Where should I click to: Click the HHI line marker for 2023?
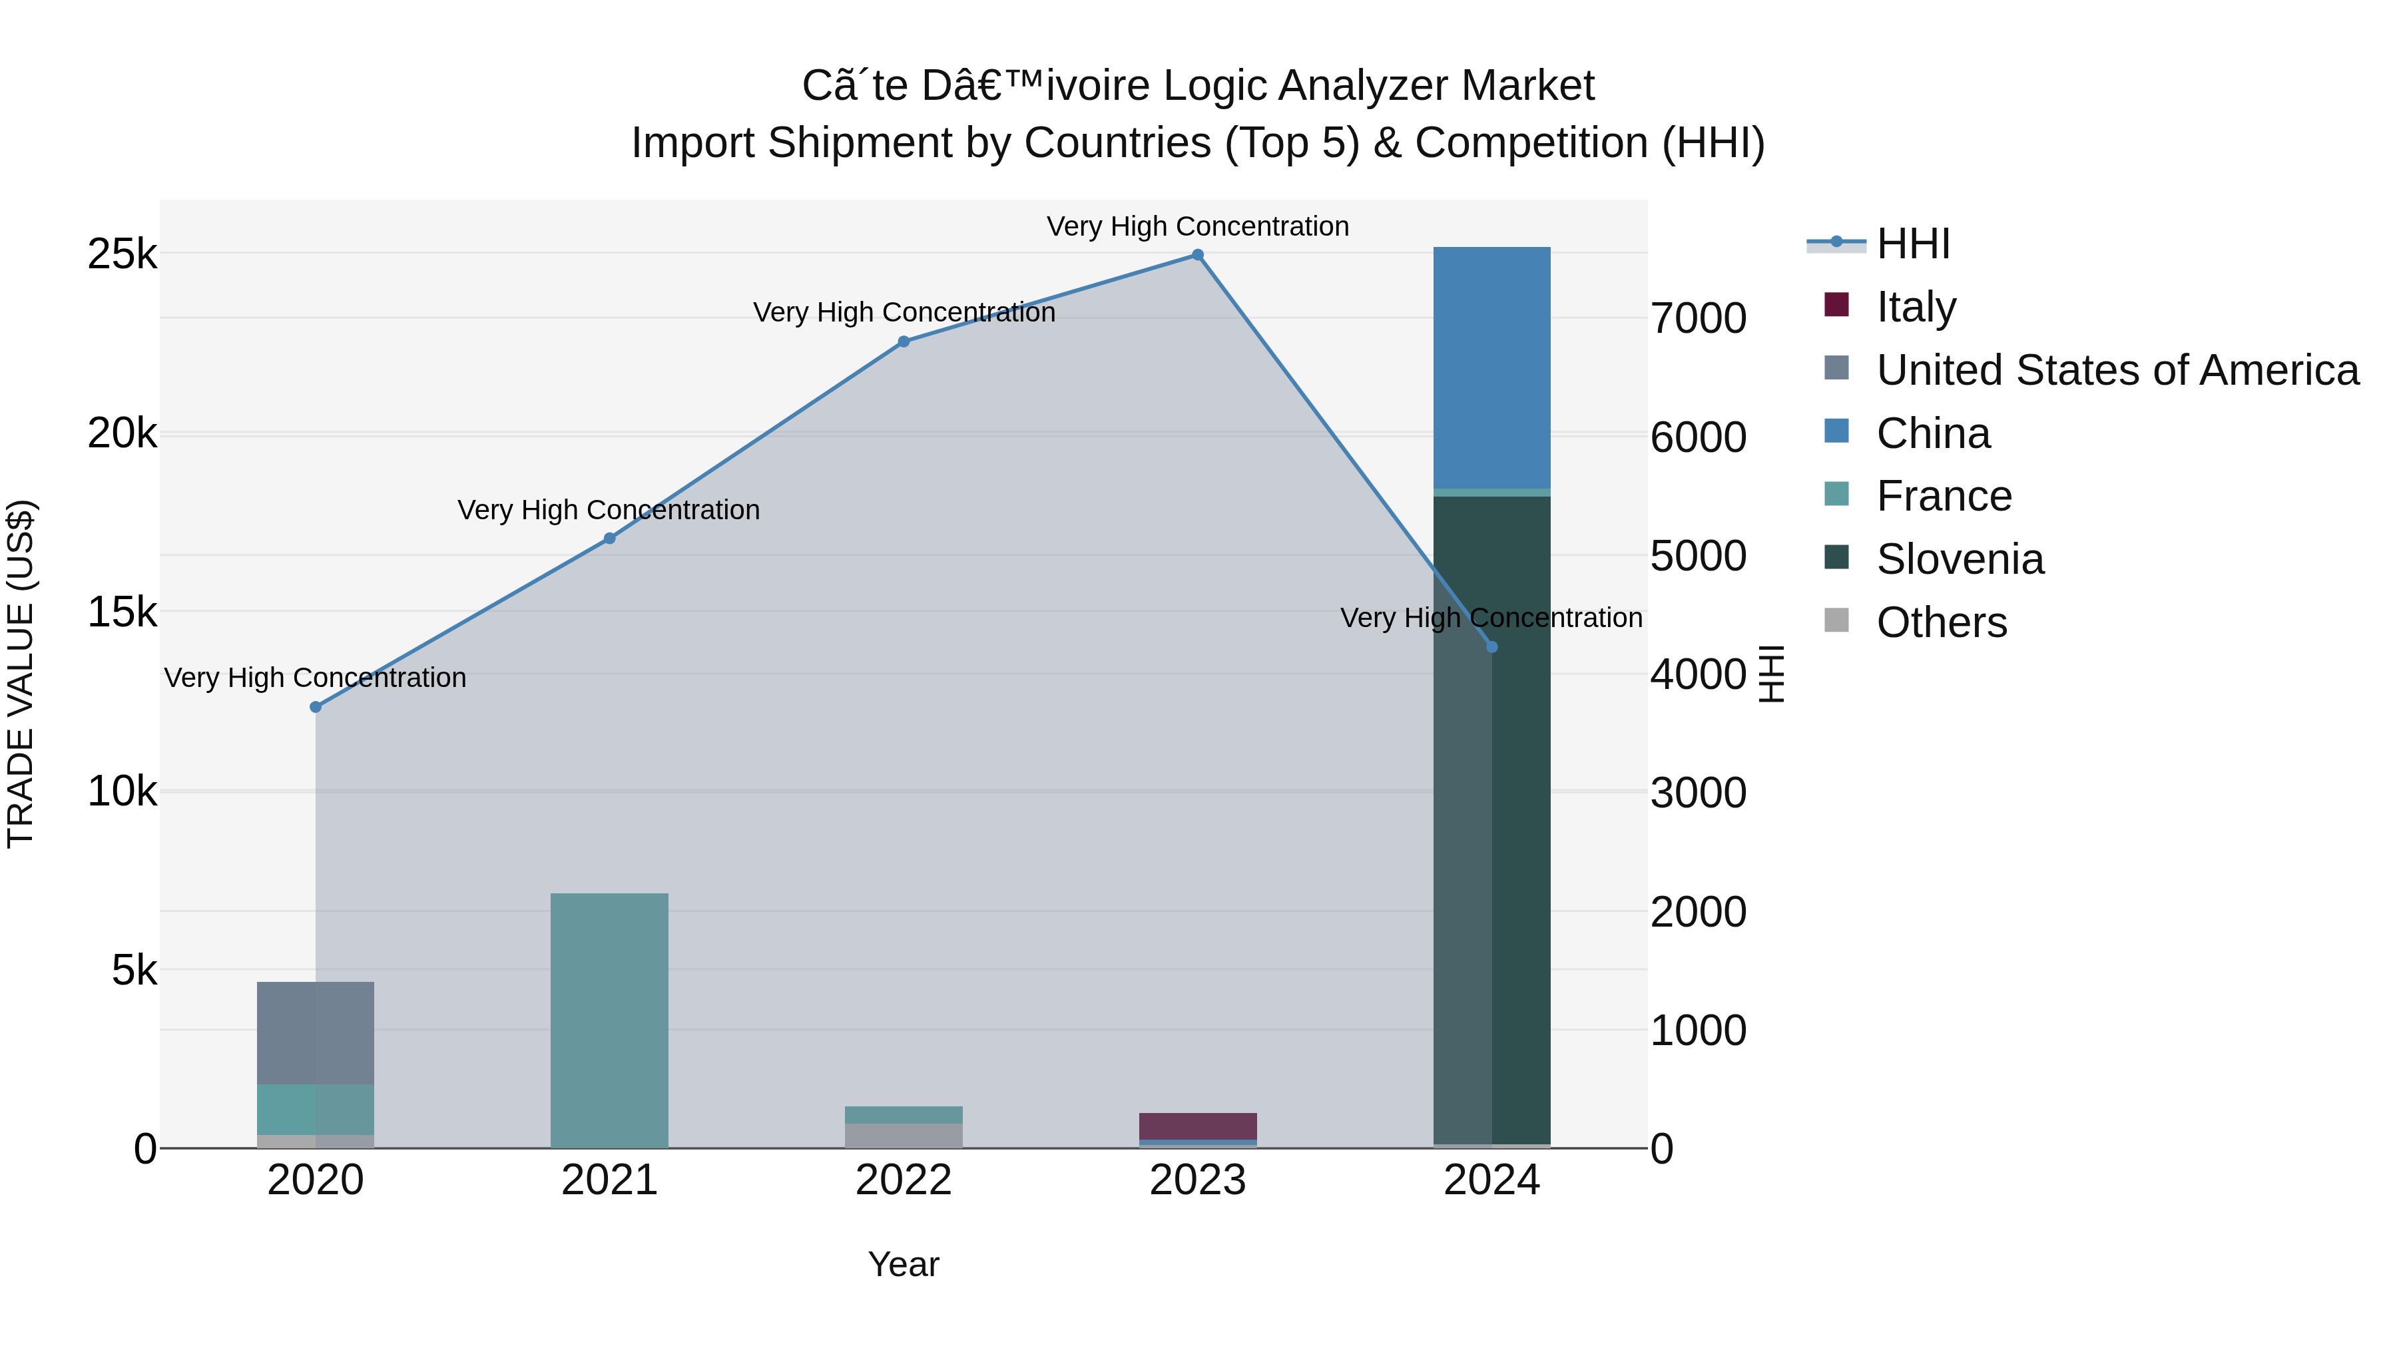(x=1198, y=255)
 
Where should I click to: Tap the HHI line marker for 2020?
(x=316, y=707)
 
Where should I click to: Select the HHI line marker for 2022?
(x=904, y=341)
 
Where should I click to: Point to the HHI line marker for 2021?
(x=609, y=539)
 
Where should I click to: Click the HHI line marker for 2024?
(x=1491, y=646)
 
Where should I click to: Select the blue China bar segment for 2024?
(x=1491, y=367)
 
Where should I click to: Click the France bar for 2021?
(x=609, y=1020)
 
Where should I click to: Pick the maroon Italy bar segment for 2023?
(x=1198, y=1126)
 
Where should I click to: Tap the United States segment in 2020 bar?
(x=316, y=1032)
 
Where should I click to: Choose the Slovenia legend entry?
(x=1960, y=559)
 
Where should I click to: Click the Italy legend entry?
(x=1916, y=307)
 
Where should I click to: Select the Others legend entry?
(x=1941, y=622)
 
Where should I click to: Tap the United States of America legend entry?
(x=2117, y=370)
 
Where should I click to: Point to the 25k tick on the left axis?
(x=122, y=254)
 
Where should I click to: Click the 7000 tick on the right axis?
(x=1698, y=318)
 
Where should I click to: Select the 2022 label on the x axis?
(x=904, y=1180)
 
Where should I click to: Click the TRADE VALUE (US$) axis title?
(x=21, y=674)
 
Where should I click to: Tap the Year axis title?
(x=904, y=1264)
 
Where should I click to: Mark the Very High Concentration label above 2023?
(x=1198, y=226)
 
